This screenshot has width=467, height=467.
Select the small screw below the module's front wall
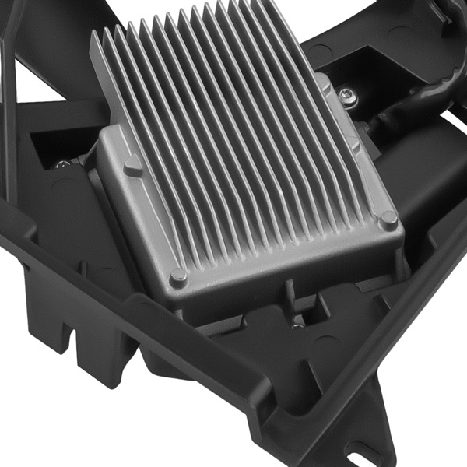pos(297,326)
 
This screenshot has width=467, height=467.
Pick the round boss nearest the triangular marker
pos(178,275)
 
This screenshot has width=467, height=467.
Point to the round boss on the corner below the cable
pos(387,220)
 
